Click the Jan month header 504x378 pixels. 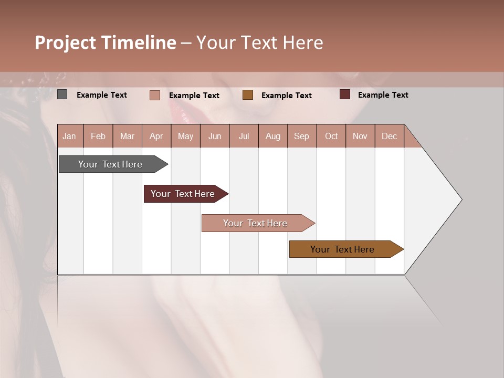69,136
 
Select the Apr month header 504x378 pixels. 156,136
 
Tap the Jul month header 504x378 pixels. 244,136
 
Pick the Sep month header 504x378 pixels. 301,136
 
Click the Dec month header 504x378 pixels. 389,136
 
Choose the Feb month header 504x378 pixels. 98,136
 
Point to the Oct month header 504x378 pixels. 331,136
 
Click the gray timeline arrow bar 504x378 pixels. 110,164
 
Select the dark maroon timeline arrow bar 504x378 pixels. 183,194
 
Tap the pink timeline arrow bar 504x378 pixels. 255,223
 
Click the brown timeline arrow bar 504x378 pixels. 342,249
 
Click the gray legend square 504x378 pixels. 62,94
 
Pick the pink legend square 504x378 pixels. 155,95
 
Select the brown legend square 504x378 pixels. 248,95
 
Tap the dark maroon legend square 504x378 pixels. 345,94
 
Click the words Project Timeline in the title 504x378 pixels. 106,43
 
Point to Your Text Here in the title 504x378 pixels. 259,43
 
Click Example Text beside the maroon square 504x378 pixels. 383,95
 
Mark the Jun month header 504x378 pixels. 215,136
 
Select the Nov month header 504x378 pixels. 360,136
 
